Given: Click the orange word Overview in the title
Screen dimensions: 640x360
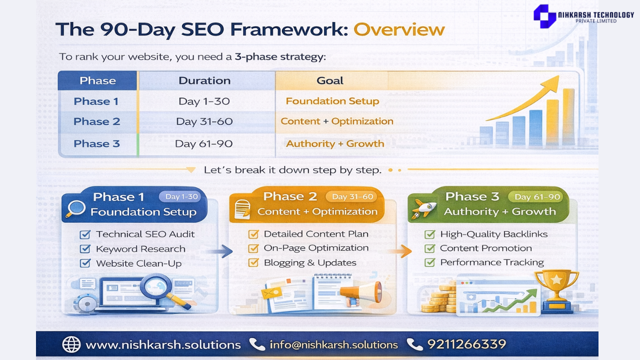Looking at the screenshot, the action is [399, 29].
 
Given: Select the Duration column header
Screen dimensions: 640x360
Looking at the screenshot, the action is [204, 80].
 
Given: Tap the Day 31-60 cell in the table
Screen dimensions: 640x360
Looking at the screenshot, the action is [204, 121].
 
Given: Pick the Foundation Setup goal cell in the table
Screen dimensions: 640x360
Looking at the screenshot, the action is [332, 101].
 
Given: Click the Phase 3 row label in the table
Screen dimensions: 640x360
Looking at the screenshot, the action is [96, 143].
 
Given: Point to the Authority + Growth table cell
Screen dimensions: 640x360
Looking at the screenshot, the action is [335, 143].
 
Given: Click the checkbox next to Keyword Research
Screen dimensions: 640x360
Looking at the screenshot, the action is [85, 248].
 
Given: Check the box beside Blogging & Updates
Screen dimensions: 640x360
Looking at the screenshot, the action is [253, 262].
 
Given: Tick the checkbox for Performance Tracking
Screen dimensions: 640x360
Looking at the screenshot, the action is [429, 262].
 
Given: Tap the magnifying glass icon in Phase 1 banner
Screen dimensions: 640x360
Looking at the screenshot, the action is [75, 209].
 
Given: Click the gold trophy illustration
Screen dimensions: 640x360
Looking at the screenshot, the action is [556, 291].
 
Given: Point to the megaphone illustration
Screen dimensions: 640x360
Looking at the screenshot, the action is [361, 293].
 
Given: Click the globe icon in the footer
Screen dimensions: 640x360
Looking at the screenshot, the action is [71, 344].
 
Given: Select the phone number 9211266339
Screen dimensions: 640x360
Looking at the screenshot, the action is [466, 344].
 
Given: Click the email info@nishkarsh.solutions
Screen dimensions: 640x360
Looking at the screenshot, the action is [333, 345].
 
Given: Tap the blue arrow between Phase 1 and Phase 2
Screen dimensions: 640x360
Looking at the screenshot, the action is [219, 251].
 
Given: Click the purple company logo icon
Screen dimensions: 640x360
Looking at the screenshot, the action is [545, 16].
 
